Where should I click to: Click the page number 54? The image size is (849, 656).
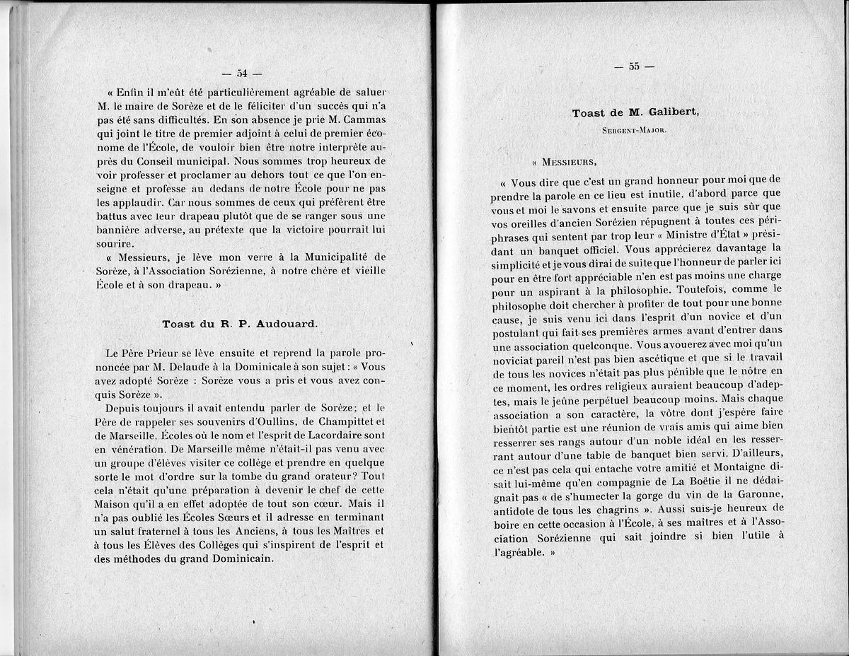point(242,73)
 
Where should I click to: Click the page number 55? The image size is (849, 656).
point(634,66)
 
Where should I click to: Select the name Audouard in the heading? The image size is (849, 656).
point(285,324)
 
